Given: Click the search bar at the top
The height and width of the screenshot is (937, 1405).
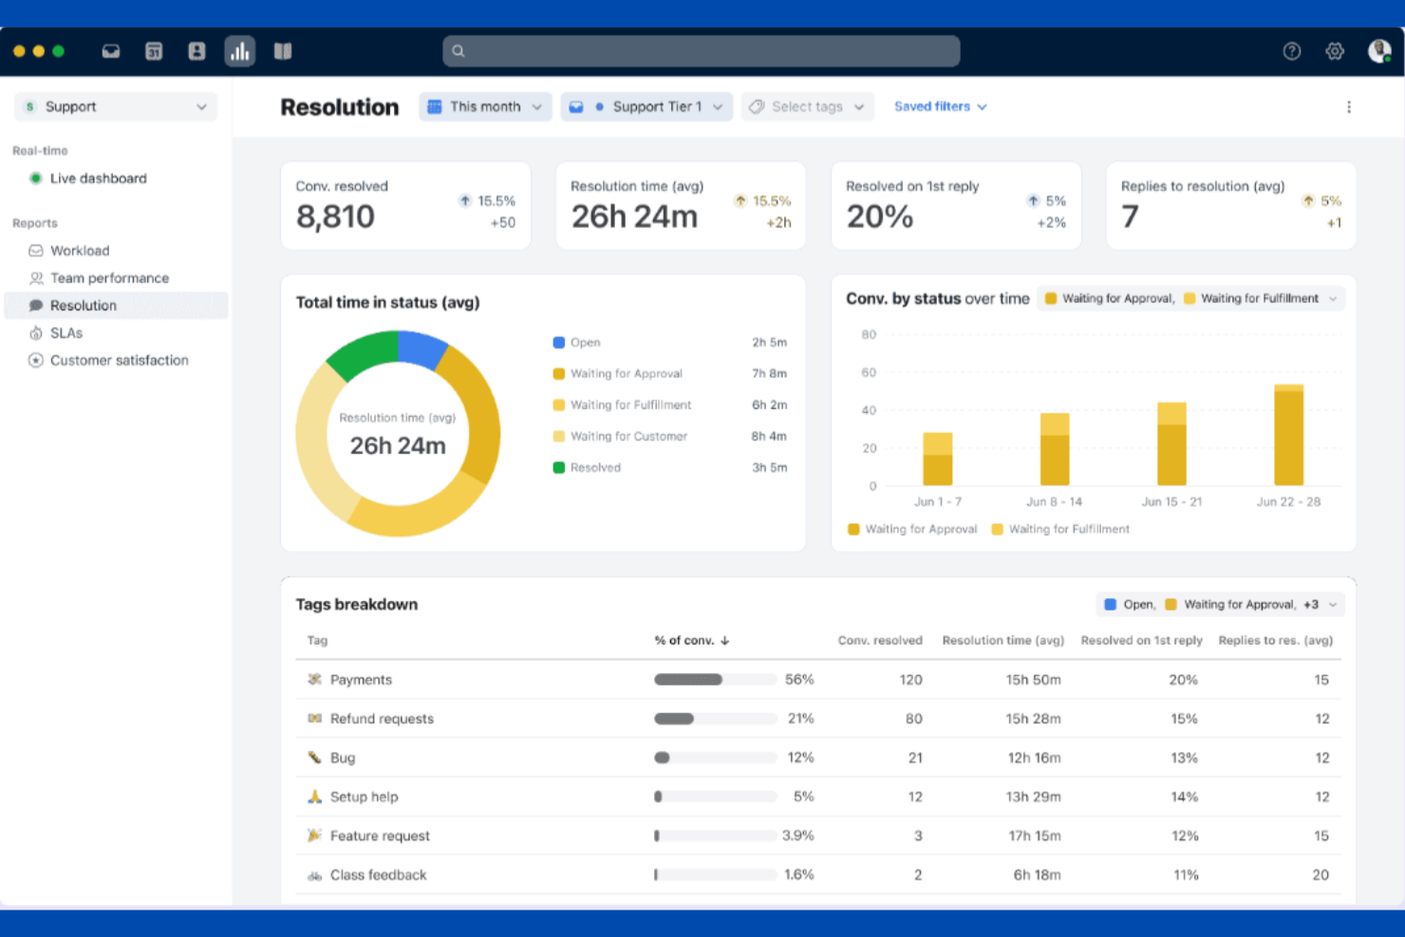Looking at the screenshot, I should pos(701,51).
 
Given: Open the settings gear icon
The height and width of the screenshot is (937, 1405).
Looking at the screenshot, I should pos(1335,51).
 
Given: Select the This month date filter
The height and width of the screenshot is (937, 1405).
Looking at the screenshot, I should pos(485,107).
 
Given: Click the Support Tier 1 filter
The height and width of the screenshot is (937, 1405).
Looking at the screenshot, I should pos(646,107).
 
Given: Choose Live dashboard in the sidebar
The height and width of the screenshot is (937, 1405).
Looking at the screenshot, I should pos(98,178).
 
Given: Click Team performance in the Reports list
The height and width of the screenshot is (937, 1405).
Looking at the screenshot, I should pos(109,278).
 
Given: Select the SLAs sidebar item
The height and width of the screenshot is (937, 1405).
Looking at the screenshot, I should pos(66,333).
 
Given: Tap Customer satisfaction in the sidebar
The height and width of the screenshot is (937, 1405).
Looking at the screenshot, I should pos(119,361).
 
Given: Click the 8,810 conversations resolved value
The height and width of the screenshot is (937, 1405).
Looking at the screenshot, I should pos(335,217).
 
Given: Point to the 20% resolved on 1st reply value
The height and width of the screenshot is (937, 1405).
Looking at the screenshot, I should pos(879,217).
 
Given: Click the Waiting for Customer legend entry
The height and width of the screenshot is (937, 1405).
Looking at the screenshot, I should pos(628,437).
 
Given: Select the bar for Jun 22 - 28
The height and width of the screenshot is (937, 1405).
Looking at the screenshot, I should pos(1288,436).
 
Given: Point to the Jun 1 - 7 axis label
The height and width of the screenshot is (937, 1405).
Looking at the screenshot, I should pos(937,502).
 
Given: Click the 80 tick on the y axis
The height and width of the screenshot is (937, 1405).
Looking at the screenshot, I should pos(869,335).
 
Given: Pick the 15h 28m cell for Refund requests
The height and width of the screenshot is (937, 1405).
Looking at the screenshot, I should pos(1033,720).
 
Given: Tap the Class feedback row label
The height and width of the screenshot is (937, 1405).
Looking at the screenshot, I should pos(378,875).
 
